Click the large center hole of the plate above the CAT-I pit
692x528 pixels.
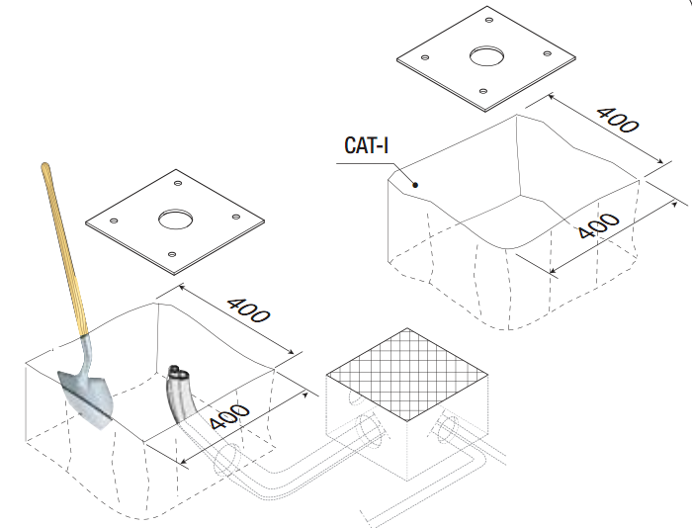[x=485, y=56]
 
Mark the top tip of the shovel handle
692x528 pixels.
[x=44, y=166]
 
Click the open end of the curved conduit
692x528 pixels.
[x=178, y=375]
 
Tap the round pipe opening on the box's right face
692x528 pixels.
[x=446, y=431]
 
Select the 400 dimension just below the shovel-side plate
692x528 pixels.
[x=248, y=310]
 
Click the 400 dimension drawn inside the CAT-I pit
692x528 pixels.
[x=598, y=228]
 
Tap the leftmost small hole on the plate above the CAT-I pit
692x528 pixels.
[x=424, y=57]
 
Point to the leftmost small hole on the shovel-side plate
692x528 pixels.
[x=115, y=220]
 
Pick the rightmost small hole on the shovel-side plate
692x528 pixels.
[x=235, y=218]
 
